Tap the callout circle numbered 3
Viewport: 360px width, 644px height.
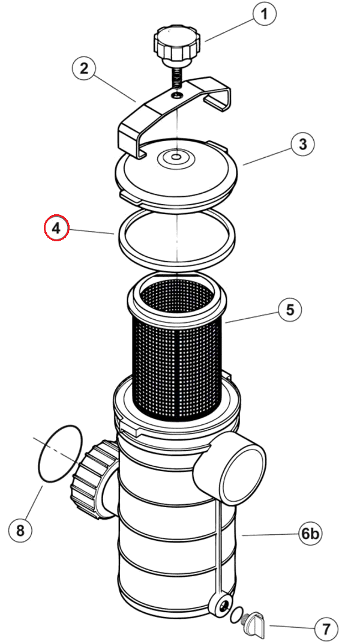point(302,144)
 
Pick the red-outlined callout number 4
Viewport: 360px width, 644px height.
point(57,228)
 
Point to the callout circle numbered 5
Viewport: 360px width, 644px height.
point(290,310)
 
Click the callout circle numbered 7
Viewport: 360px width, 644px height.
point(326,630)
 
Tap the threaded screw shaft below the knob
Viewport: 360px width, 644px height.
point(177,78)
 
